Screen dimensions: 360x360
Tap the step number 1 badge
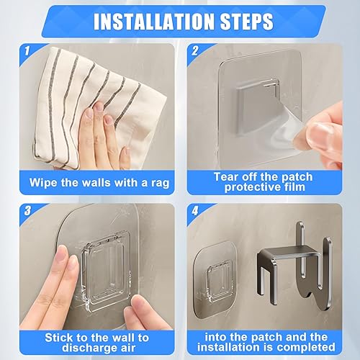(27, 51)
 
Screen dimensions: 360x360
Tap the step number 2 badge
(195, 51)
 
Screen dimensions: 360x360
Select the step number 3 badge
(27, 211)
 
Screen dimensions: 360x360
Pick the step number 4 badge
(195, 211)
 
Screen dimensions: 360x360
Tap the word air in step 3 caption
(127, 348)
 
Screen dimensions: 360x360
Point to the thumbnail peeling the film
(318, 131)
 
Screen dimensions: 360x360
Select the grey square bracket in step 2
(254, 107)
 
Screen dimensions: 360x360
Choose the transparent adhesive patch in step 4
(215, 279)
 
